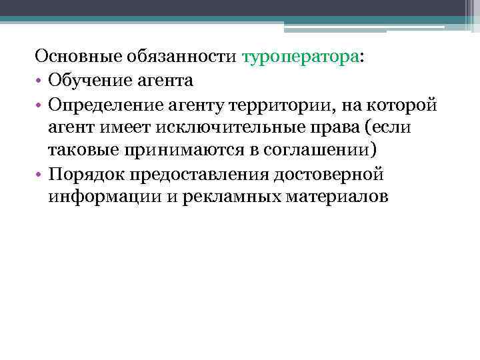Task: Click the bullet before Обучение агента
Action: (39, 82)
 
